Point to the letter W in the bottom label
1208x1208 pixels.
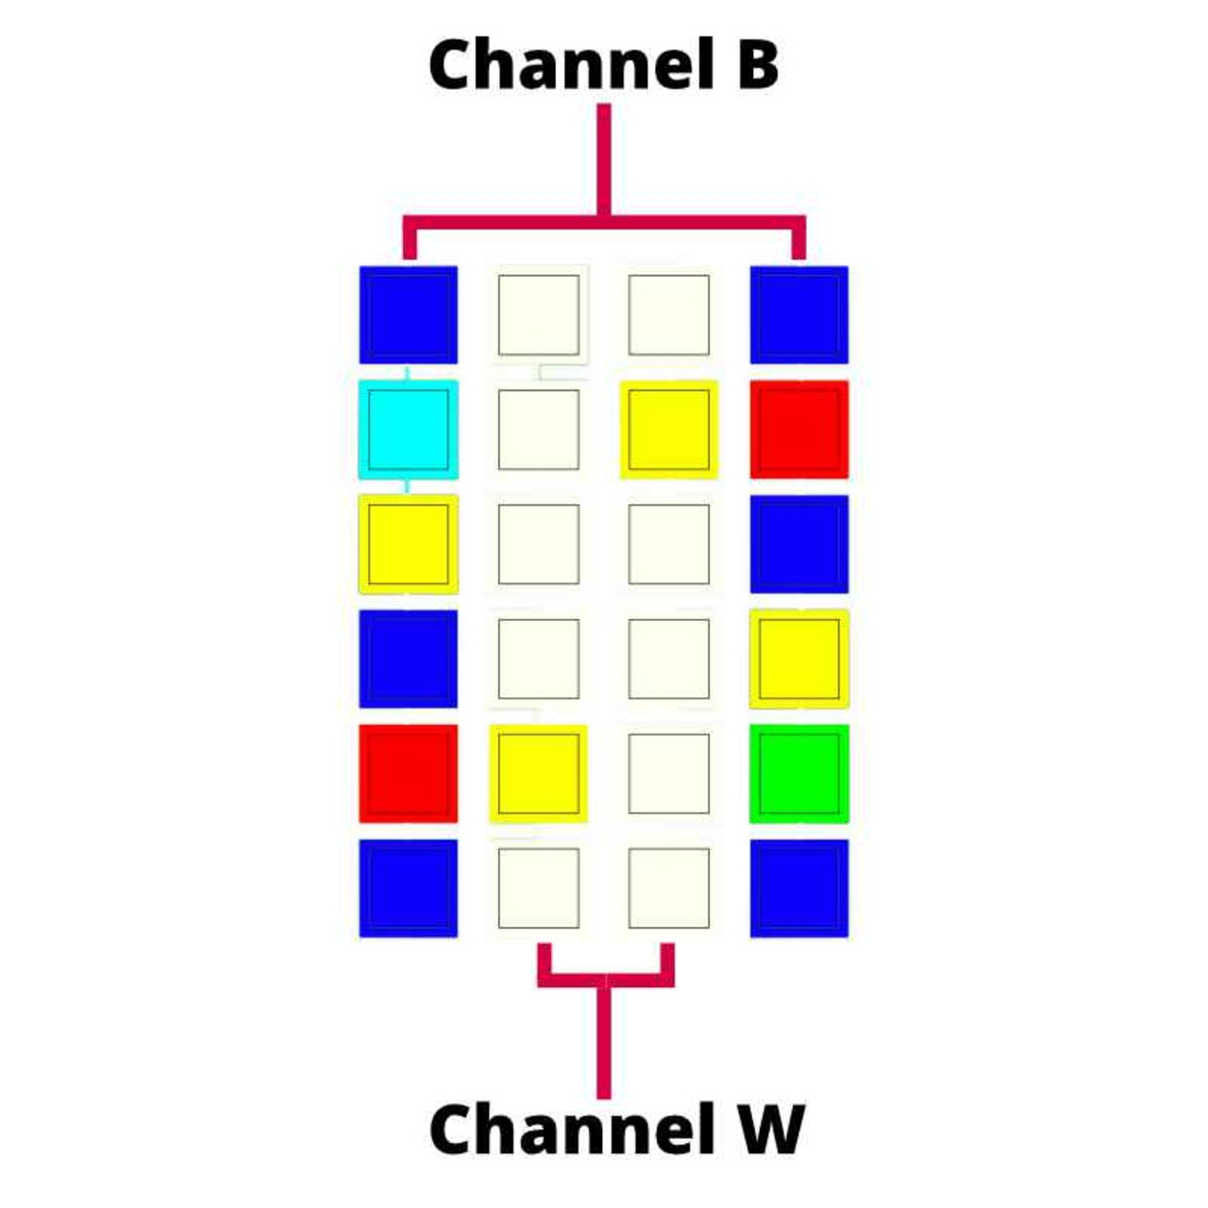tap(770, 1129)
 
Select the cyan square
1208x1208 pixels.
tap(408, 429)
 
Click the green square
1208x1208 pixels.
tap(798, 773)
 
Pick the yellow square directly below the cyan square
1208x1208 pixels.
tap(408, 544)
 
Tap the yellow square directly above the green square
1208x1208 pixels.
tap(798, 659)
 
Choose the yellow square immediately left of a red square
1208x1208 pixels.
tap(668, 429)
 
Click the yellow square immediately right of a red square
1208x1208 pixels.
tap(538, 773)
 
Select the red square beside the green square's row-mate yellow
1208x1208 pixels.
tap(408, 773)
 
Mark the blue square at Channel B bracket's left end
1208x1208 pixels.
tap(408, 314)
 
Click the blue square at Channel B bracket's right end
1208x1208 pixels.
tap(798, 314)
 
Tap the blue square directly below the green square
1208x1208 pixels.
tap(798, 888)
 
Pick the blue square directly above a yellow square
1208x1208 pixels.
tap(798, 544)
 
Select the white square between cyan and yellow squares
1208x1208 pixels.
tap(538, 429)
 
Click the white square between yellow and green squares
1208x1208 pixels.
tap(668, 773)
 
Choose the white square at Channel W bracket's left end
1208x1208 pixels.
tap(538, 888)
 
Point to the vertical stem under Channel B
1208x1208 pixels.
tap(604, 160)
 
